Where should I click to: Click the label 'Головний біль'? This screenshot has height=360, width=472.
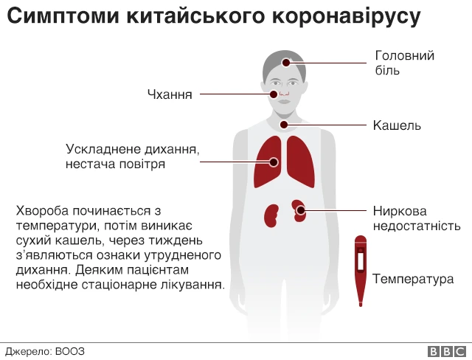[405, 63]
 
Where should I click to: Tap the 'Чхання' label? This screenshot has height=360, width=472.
[170, 94]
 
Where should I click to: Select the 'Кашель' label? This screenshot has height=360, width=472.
[397, 125]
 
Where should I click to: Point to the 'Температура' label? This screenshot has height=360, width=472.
[413, 279]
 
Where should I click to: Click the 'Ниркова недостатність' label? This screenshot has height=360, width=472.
[417, 218]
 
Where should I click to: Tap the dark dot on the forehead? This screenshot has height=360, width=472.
[286, 63]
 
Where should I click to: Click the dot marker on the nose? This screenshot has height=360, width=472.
[274, 94]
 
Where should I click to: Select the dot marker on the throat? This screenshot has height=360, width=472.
[284, 125]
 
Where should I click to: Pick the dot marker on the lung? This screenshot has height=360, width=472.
[274, 162]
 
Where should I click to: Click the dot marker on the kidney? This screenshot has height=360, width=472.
[300, 210]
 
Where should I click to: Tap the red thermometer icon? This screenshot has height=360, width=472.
[361, 271]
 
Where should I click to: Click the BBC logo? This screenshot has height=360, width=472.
[447, 352]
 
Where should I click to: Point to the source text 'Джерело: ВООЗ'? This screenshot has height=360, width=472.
[45, 351]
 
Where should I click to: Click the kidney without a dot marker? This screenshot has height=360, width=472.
[271, 215]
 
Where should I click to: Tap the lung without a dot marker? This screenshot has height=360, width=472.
[300, 162]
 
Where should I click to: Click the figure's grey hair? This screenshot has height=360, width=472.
[284, 65]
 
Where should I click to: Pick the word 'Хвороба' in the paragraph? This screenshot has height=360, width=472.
[42, 211]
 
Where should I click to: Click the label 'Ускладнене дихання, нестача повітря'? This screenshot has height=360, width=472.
[133, 156]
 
